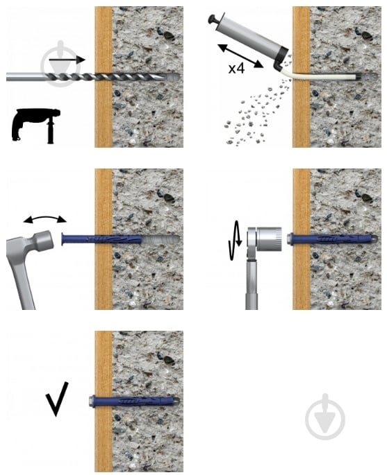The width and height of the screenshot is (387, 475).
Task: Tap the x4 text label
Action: pos(236,69)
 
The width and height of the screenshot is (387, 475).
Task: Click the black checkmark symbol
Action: pos(58,399)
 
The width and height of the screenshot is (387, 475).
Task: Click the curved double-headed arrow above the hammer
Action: pos(45,218)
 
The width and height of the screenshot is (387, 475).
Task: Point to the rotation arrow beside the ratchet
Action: pos(236,240)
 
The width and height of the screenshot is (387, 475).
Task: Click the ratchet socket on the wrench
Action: pos(269,239)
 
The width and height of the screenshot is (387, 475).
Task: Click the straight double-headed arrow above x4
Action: pos(240,55)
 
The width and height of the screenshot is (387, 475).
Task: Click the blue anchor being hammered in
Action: pos(101,240)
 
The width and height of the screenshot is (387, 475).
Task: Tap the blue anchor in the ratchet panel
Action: pos(331,239)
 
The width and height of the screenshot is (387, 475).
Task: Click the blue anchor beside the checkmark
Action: pos(134,401)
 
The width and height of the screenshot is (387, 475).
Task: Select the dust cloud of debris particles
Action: pos(258,109)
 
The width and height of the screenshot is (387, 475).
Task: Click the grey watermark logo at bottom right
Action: pos(325,417)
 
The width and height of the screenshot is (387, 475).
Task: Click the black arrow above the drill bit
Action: pos(67,60)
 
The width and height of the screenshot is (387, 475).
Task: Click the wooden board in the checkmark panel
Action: pos(104,401)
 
